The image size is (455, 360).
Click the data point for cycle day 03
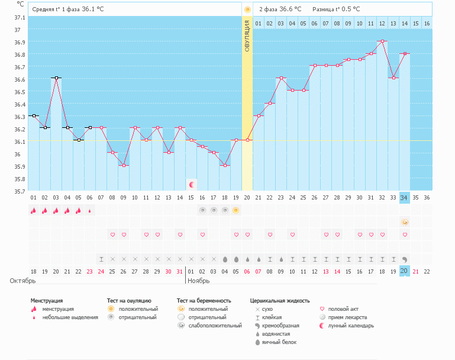56,78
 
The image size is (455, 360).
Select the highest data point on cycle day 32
382,41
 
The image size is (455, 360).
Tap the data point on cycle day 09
124,165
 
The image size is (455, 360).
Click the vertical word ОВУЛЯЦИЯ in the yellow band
247,36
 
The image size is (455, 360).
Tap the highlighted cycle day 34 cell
405,197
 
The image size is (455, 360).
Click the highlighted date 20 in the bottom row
405,271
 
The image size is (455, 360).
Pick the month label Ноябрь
200,281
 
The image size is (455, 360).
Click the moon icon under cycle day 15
191,185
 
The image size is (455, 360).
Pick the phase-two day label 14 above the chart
405,23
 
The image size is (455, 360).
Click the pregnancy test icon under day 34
405,222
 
